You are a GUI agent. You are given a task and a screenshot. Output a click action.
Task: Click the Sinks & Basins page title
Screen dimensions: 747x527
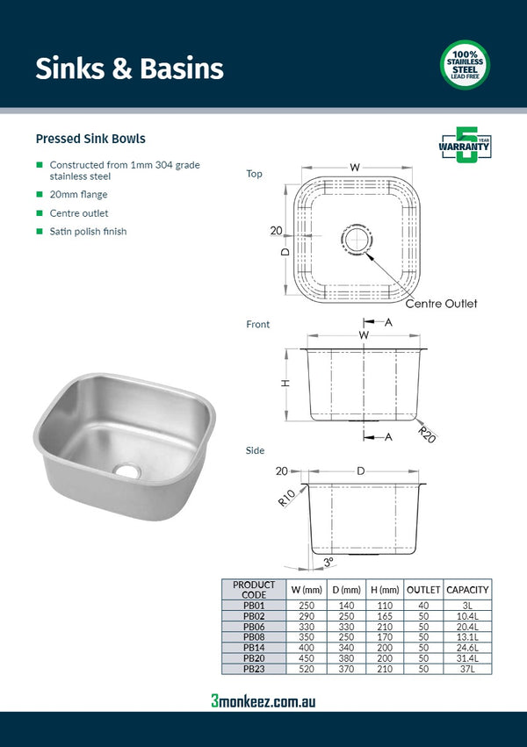pyautogui.click(x=129, y=68)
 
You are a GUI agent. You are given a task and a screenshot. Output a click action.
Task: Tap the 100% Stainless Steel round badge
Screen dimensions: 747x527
pyautogui.click(x=464, y=65)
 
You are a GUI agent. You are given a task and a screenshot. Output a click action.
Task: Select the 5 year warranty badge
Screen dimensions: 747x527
pyautogui.click(x=464, y=145)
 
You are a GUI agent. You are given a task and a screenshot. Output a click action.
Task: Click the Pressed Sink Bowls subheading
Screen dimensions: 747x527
pyautogui.click(x=90, y=139)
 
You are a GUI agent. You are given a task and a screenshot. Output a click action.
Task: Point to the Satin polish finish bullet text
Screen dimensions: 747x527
pyautogui.click(x=88, y=232)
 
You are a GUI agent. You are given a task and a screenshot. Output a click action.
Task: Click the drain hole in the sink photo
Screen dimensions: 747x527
pyautogui.click(x=128, y=470)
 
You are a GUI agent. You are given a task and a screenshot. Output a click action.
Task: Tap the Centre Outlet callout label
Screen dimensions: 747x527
pyautogui.click(x=441, y=304)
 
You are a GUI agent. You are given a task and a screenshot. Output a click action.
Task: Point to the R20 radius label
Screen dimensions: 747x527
pyautogui.click(x=427, y=433)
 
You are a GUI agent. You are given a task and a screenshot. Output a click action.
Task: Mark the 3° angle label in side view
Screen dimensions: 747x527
pyautogui.click(x=328, y=561)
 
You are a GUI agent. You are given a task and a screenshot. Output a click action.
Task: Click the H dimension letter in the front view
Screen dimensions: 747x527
pyautogui.click(x=285, y=383)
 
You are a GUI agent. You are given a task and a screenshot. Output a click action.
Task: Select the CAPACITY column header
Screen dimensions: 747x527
pyautogui.click(x=467, y=590)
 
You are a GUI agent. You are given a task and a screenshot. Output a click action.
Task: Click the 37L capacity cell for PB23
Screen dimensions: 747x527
pyautogui.click(x=467, y=669)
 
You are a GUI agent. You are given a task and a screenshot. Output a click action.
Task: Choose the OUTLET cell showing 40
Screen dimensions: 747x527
pyautogui.click(x=422, y=606)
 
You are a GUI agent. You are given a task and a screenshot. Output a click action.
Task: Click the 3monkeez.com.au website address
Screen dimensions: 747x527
pyautogui.click(x=263, y=700)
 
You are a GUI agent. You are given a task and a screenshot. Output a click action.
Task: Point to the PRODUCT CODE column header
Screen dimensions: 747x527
pyautogui.click(x=254, y=590)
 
